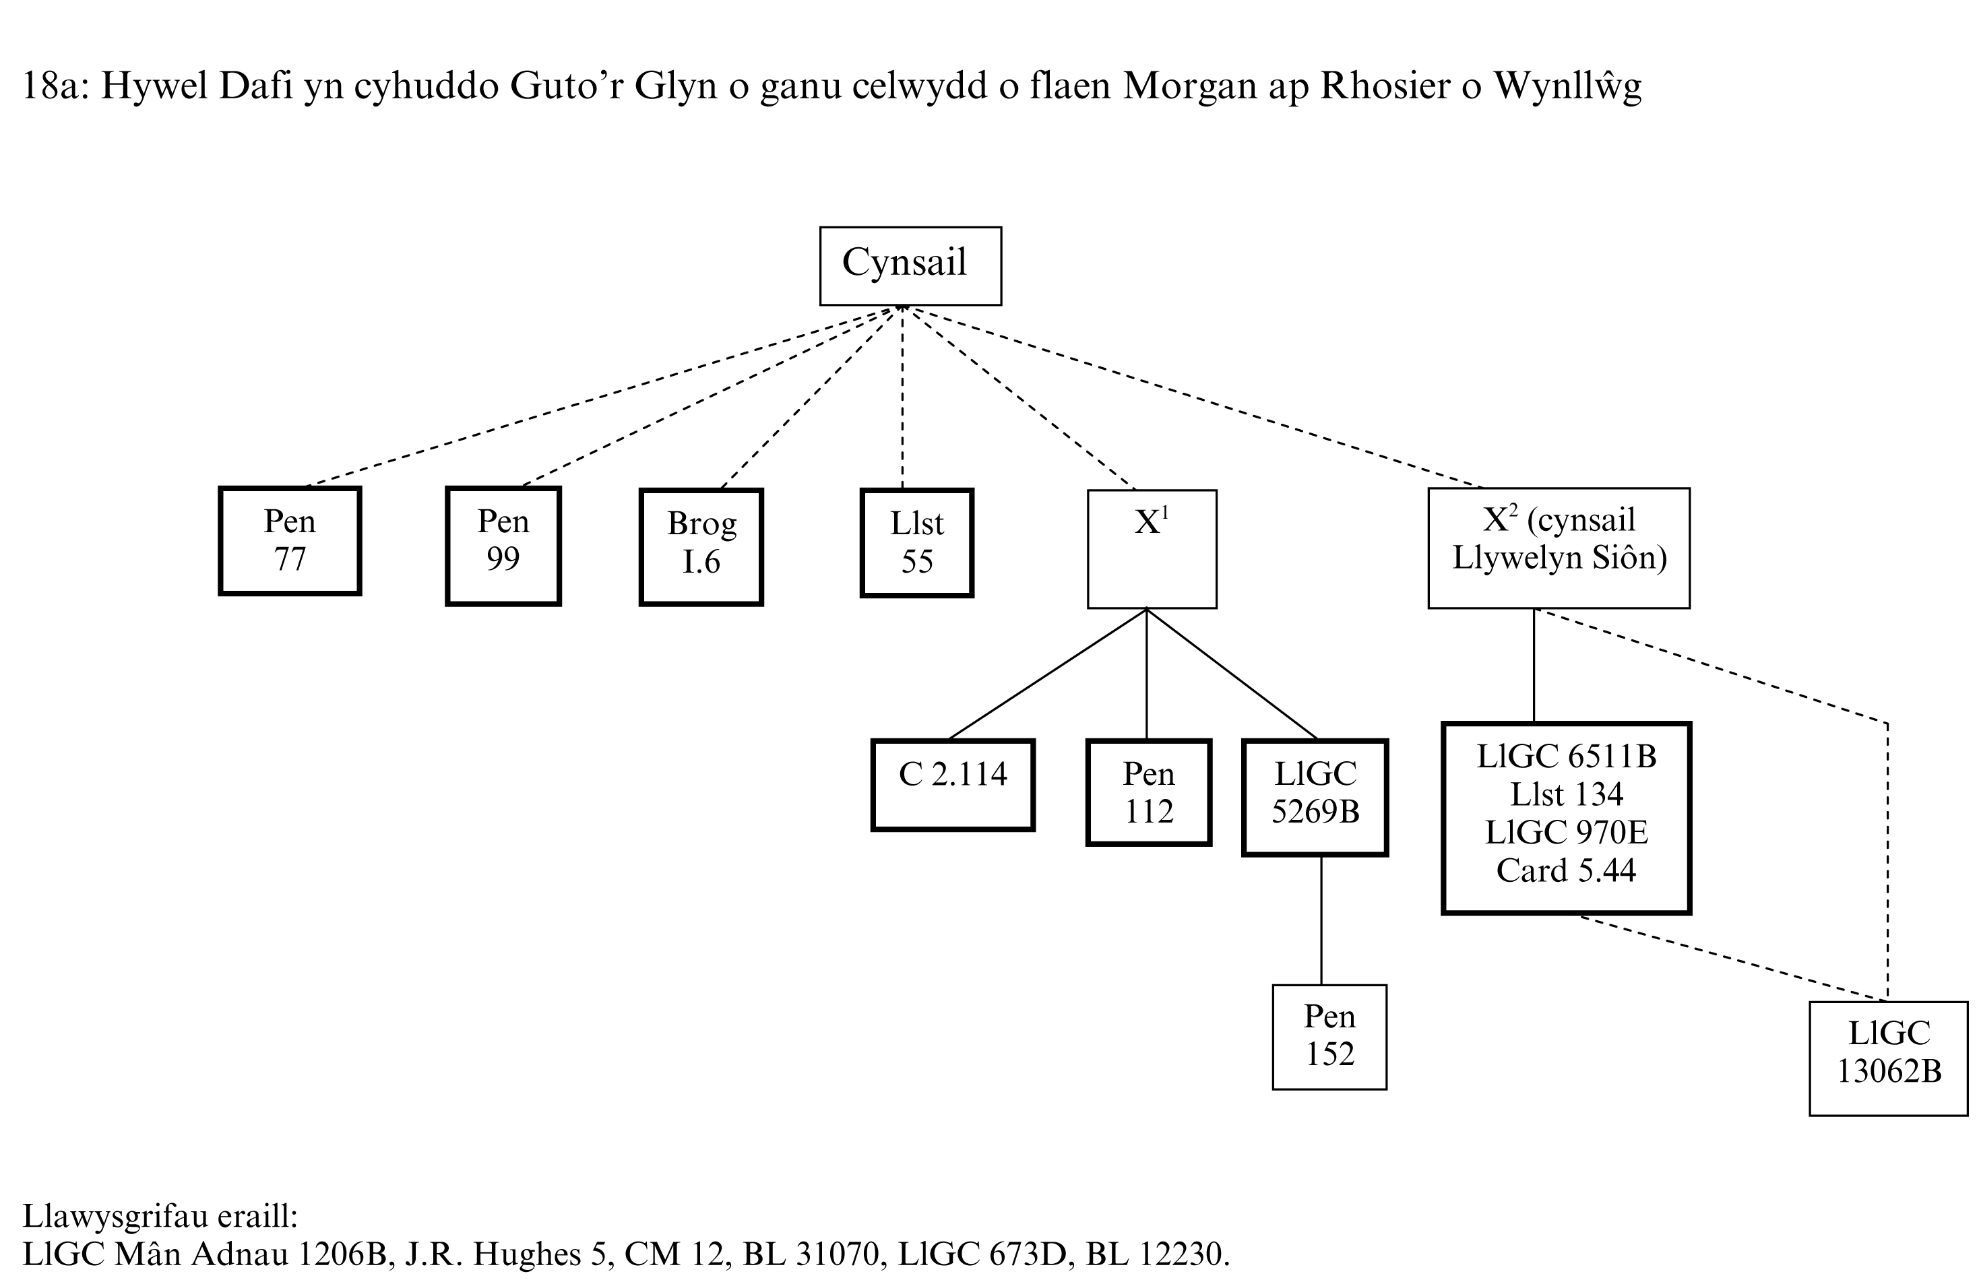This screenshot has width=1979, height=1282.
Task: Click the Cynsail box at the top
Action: click(910, 266)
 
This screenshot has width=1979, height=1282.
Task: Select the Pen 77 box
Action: click(289, 540)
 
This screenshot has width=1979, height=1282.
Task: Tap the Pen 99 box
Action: click(503, 546)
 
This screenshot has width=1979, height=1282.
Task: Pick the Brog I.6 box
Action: click(701, 546)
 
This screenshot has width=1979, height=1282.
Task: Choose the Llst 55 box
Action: click(916, 543)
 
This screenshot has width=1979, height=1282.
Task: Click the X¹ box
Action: click(1152, 549)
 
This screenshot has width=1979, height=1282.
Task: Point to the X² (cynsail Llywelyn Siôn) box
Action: click(1559, 547)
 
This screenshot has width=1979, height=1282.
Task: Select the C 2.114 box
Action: click(953, 784)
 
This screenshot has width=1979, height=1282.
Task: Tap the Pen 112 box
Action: click(1148, 792)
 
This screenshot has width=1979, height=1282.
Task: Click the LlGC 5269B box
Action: click(1315, 796)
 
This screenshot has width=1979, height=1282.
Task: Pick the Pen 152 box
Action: click(1329, 1036)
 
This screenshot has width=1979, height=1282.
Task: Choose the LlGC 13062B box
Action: click(1888, 1058)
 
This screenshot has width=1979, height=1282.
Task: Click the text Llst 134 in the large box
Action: click(1567, 794)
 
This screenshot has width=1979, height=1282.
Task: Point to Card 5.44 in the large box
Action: click(1567, 870)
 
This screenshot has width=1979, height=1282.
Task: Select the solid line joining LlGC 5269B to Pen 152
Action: click(1321, 920)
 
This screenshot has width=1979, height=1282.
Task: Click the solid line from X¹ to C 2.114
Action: click(1048, 674)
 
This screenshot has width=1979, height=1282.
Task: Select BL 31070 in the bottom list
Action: click(811, 1254)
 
